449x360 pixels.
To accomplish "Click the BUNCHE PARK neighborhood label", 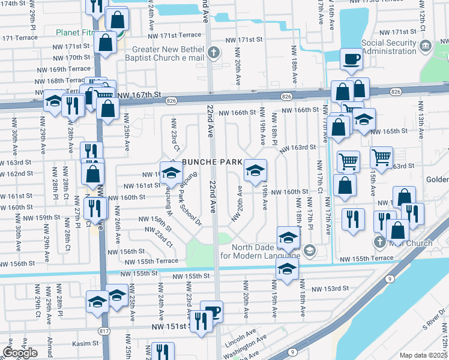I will click(x=212, y=162).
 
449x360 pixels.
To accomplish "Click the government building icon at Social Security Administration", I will click(x=425, y=46).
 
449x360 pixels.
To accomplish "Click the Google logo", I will click(x=20, y=352).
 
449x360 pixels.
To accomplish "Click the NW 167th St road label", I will click(x=140, y=95).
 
